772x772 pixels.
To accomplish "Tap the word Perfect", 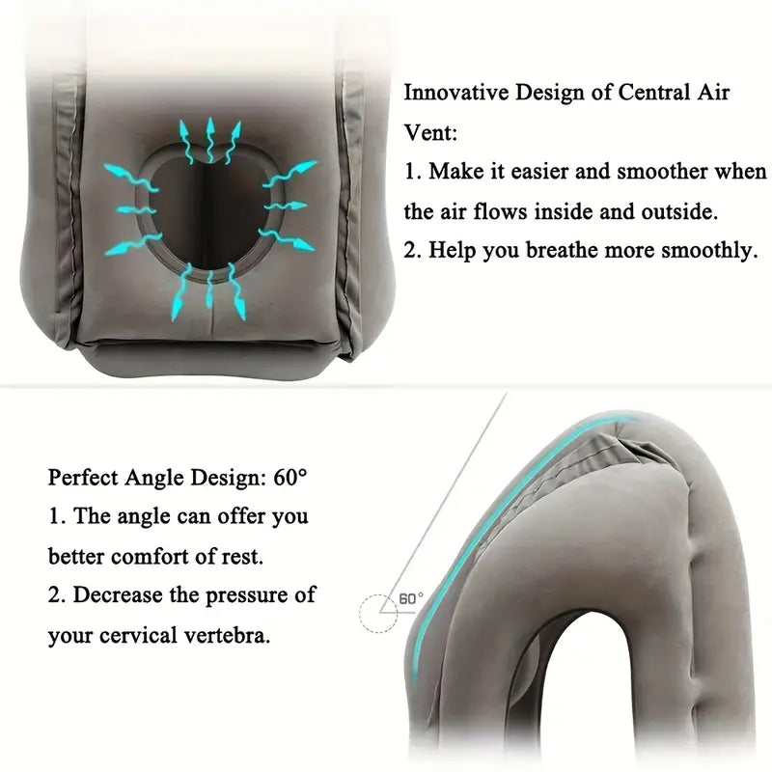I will (x=83, y=477).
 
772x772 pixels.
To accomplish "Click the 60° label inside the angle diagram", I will (x=411, y=598).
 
